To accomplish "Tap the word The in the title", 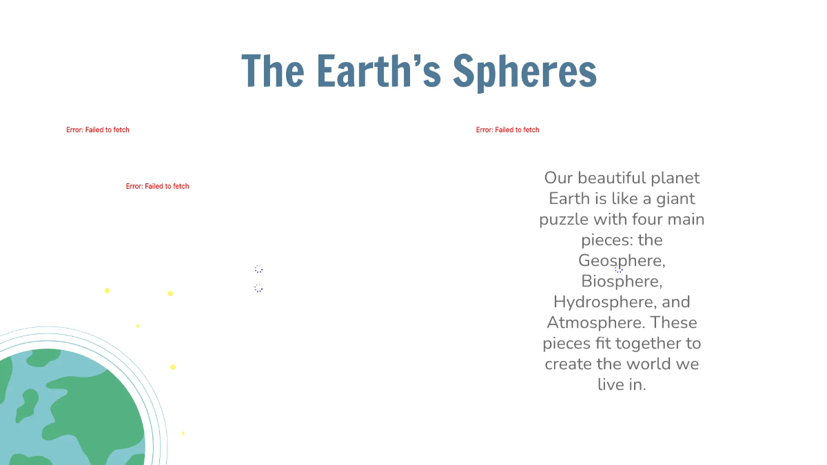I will [272, 71].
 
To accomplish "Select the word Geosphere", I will [621, 260].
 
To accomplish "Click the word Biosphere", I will [621, 281].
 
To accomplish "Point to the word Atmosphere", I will [595, 322].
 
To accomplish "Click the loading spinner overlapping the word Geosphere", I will [618, 269].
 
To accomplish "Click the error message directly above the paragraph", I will [507, 130].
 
